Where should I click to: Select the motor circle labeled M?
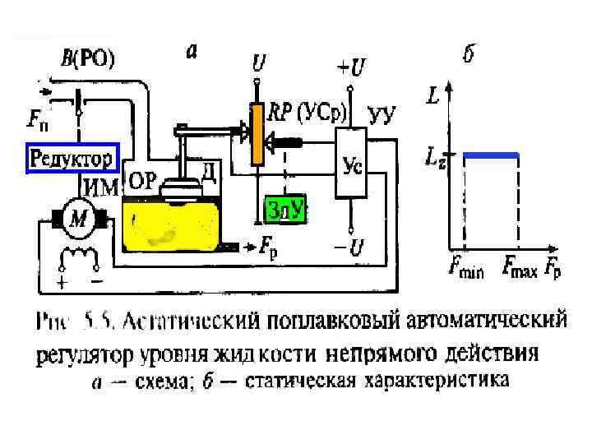[78, 218]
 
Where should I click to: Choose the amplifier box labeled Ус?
[350, 164]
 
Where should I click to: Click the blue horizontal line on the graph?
[491, 155]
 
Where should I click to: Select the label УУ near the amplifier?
[383, 114]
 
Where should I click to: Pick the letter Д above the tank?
[210, 170]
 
